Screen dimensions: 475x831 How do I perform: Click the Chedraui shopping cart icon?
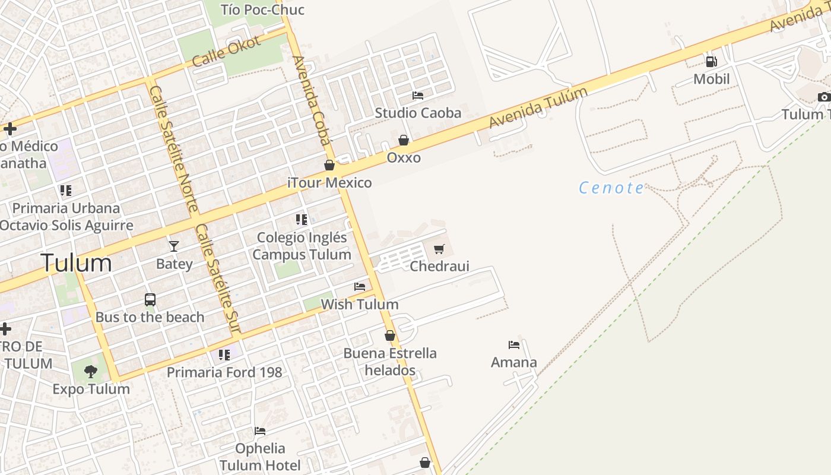pyautogui.click(x=439, y=249)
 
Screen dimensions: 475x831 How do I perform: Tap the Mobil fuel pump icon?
pyautogui.click(x=711, y=61)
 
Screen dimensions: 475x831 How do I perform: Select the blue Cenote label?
pyautogui.click(x=611, y=188)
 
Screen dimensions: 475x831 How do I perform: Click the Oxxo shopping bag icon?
pyautogui.click(x=404, y=140)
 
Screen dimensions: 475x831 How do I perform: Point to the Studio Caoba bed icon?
pyautogui.click(x=418, y=96)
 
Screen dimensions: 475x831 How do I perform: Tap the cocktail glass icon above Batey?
pyautogui.click(x=173, y=246)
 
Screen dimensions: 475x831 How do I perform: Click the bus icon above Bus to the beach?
pyautogui.click(x=150, y=300)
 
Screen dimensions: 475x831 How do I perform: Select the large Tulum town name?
pyautogui.click(x=76, y=263)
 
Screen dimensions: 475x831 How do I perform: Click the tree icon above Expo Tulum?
pyautogui.click(x=91, y=372)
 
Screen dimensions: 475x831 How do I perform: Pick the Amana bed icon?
pyautogui.click(x=514, y=345)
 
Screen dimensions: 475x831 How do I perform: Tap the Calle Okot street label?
pyautogui.click(x=226, y=51)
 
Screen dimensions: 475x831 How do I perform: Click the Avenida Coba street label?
pyautogui.click(x=312, y=100)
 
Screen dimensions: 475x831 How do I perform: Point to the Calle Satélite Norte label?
pyautogui.click(x=174, y=148)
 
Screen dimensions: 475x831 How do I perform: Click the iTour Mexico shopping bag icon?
pyautogui.click(x=329, y=165)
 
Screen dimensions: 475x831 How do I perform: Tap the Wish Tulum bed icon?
pyautogui.click(x=360, y=287)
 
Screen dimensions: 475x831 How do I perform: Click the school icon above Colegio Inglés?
pyautogui.click(x=302, y=220)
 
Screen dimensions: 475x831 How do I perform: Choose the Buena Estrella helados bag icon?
pyautogui.click(x=390, y=336)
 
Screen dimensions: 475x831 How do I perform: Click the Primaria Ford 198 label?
pyautogui.click(x=224, y=372)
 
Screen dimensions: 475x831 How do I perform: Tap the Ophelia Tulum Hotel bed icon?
pyautogui.click(x=260, y=431)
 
